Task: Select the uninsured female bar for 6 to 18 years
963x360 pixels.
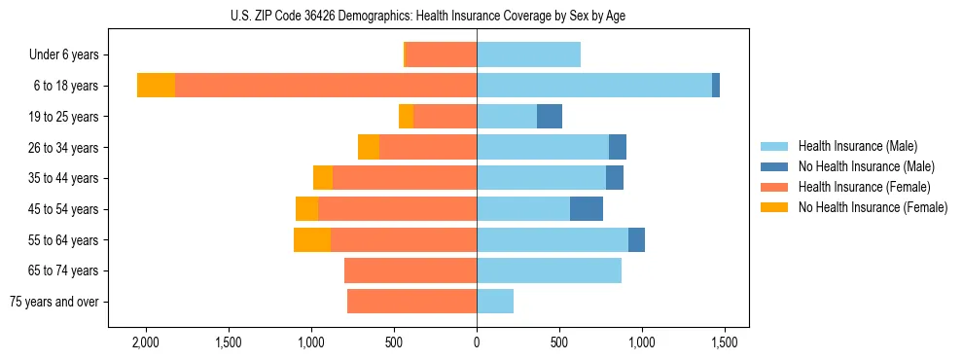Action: (x=156, y=86)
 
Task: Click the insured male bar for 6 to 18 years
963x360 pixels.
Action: (x=593, y=86)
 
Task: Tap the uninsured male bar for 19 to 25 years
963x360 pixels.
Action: (x=550, y=117)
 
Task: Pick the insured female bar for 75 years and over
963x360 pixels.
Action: (x=411, y=302)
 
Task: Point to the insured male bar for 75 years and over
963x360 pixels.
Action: (x=495, y=302)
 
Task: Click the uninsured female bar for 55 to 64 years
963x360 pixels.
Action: (x=312, y=240)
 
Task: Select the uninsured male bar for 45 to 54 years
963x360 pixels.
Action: (x=587, y=209)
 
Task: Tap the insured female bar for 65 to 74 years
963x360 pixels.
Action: (x=410, y=270)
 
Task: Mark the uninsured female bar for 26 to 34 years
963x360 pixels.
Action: (x=369, y=147)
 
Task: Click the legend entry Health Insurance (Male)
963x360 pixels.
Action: (x=857, y=146)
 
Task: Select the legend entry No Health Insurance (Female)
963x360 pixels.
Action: (x=873, y=207)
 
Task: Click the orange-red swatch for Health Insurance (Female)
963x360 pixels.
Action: (x=774, y=187)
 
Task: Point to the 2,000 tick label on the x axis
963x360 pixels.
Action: (x=146, y=342)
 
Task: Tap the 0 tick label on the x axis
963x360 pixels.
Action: (x=477, y=342)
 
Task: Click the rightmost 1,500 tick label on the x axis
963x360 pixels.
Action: (x=724, y=342)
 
